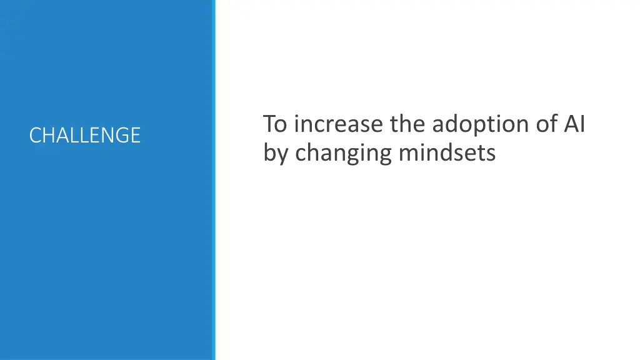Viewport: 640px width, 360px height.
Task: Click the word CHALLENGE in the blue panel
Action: pyautogui.click(x=84, y=135)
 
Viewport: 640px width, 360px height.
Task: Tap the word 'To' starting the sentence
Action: pyautogui.click(x=275, y=124)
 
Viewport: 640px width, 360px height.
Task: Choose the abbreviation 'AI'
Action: pyautogui.click(x=574, y=124)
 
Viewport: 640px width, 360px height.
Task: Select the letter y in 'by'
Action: pyautogui.click(x=282, y=155)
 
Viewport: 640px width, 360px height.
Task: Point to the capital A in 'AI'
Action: pyautogui.click(x=571, y=124)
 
